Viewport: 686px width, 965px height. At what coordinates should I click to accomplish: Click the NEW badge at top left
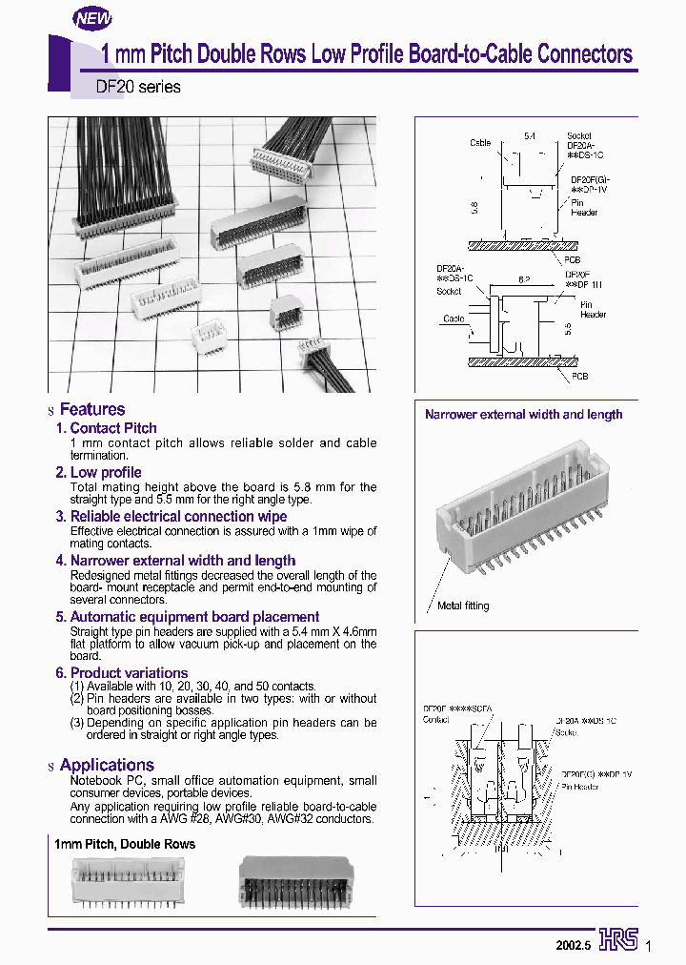93,17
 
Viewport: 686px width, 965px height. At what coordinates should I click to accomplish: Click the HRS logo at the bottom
618,941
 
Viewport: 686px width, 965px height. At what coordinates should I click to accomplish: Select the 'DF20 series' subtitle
138,87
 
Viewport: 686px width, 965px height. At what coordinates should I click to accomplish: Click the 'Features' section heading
91,409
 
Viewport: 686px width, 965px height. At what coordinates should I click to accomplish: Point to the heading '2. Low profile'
98,472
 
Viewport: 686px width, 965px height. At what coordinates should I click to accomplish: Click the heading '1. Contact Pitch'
106,428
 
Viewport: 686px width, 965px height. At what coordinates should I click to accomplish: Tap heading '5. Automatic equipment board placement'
187,617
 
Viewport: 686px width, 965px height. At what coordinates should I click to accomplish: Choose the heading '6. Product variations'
121,672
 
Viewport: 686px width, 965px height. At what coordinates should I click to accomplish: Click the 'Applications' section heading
106,765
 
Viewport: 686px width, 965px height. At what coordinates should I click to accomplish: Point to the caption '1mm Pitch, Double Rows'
125,844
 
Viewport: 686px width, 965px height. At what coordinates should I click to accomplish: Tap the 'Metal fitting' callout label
463,606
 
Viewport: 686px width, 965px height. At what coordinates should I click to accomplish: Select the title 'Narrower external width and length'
523,414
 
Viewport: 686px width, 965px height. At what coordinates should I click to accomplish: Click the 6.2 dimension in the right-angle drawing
524,280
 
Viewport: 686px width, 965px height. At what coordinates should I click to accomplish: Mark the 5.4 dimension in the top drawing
530,137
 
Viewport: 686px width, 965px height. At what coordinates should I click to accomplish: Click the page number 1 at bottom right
649,946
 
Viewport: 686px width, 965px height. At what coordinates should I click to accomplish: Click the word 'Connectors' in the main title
585,54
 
